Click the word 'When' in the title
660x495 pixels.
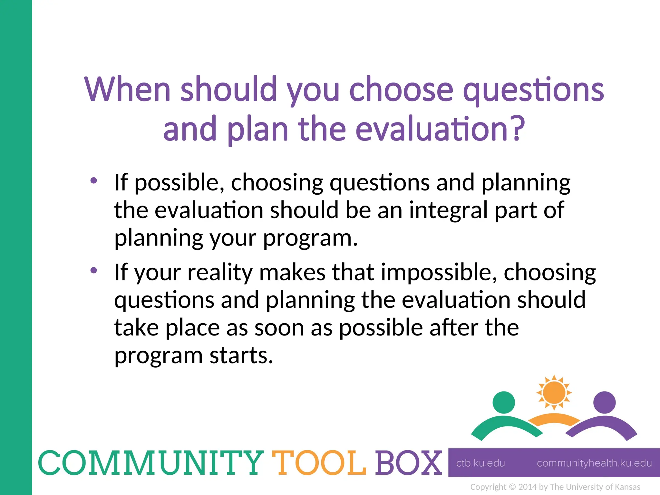tap(127, 89)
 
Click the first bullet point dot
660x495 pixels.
tap(93, 180)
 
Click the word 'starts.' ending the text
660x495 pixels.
tap(241, 355)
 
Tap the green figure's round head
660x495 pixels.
tap(504, 402)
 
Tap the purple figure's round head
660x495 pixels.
tap(604, 402)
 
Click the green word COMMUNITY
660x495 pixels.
tap(150, 463)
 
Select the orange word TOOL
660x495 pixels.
tap(319, 463)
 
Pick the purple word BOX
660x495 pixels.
tap(408, 463)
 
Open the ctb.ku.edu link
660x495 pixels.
tap(480, 463)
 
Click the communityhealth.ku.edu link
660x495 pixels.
tap(594, 463)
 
